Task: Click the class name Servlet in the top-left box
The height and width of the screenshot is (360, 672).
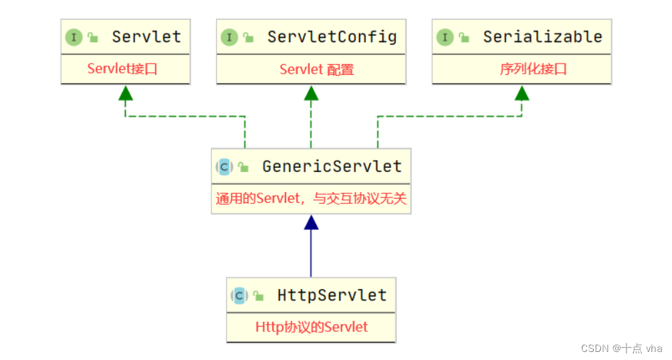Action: point(146,37)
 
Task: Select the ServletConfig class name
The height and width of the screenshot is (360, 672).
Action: point(332,37)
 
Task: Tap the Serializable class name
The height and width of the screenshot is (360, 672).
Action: point(542,37)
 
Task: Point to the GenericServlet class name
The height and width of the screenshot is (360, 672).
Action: point(332,166)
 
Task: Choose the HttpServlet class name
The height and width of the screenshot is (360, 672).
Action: point(332,295)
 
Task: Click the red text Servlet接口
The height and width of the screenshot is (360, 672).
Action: point(122,68)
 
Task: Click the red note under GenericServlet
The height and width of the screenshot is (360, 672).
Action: point(311,199)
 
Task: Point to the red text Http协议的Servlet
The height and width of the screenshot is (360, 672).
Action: point(312,327)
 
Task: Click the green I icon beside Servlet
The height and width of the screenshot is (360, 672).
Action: point(74,37)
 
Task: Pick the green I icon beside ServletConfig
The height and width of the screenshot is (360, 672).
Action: point(229,37)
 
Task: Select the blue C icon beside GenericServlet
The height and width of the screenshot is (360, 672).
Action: point(224,167)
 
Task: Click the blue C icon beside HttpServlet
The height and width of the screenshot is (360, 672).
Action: point(239,296)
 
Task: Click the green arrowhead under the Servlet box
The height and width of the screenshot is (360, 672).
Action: point(125,94)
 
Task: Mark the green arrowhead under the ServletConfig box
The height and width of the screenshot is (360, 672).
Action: point(311,94)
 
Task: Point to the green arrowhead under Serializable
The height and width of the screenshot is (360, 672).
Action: point(522,94)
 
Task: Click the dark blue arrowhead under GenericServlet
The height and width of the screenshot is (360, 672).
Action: point(311,223)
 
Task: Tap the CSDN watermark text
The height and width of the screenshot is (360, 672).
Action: point(621,348)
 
